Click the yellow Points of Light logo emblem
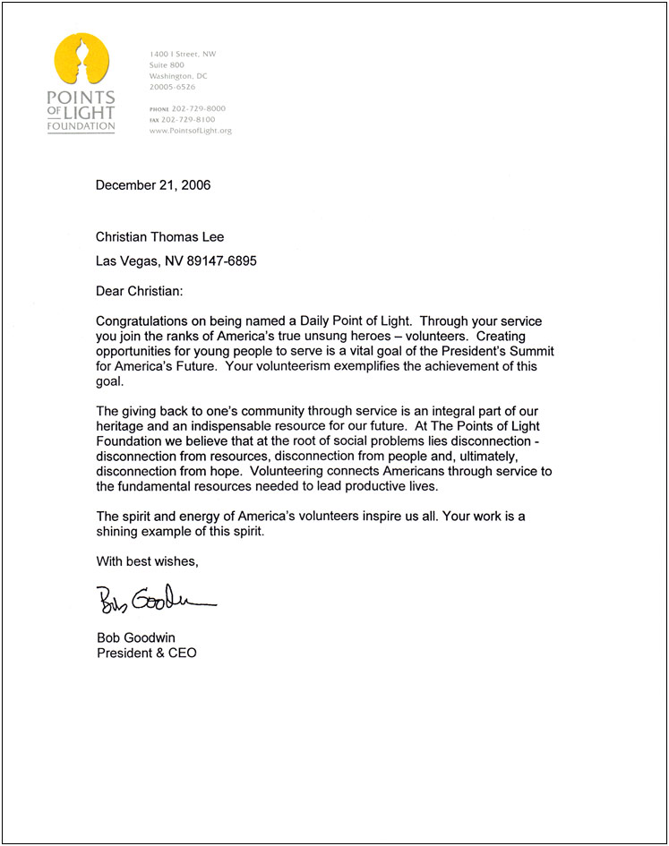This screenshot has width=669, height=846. coord(81,60)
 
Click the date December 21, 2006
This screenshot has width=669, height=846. coord(154,186)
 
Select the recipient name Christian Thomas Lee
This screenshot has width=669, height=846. coord(161,237)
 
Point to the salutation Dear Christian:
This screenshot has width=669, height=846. coord(142,291)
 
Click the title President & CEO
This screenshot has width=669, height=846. coord(146,653)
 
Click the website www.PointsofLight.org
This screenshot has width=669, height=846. coord(191,131)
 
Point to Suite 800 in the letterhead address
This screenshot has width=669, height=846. coord(167,65)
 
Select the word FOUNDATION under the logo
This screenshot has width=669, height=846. coord(81,126)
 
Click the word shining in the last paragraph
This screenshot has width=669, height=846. coord(120,532)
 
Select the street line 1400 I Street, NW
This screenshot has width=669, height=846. coord(183,55)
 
